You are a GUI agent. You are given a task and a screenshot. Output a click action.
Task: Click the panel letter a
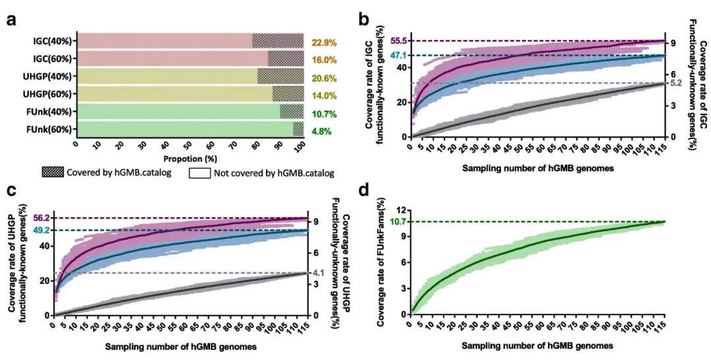pyautogui.click(x=12, y=19)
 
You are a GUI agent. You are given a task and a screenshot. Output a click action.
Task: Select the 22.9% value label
pyautogui.click(x=325, y=41)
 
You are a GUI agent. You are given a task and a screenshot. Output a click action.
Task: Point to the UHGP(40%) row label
pyautogui.click(x=53, y=76)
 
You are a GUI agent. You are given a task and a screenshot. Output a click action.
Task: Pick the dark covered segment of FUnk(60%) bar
pyautogui.click(x=298, y=129)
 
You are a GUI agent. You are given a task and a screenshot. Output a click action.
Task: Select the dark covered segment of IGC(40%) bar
pyautogui.click(x=278, y=41)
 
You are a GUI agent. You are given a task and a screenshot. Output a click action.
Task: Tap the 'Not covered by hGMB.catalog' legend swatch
pyautogui.click(x=198, y=173)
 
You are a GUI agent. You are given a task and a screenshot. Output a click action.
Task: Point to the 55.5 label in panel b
pyautogui.click(x=400, y=41)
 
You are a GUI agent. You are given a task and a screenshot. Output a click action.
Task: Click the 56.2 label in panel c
pyautogui.click(x=42, y=218)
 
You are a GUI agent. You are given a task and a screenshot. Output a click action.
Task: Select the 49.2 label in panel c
pyautogui.click(x=42, y=230)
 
